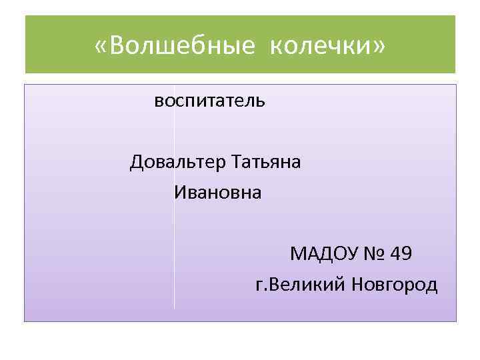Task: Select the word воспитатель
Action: click(x=210, y=101)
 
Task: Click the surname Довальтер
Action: click(x=178, y=162)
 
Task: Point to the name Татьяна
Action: click(x=267, y=162)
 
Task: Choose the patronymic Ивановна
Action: click(x=218, y=193)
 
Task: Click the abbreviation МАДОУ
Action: click(x=320, y=254)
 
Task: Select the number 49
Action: click(x=402, y=254)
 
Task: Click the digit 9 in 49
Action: click(x=407, y=254)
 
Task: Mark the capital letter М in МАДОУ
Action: click(x=298, y=254)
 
